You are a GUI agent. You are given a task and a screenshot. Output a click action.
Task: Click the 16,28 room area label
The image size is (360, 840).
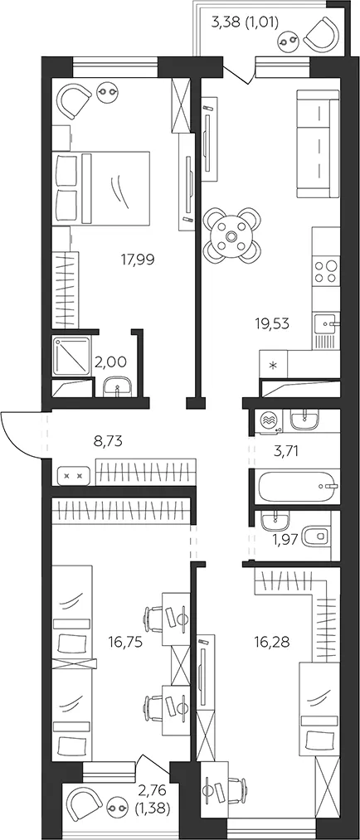point(271,642)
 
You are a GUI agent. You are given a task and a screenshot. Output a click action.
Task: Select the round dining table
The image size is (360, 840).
point(232,235)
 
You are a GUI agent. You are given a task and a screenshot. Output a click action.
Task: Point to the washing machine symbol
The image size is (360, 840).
point(269,420)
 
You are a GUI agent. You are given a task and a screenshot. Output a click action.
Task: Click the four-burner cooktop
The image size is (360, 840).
point(326,271)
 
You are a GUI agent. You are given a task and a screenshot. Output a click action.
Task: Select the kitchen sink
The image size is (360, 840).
point(326,325)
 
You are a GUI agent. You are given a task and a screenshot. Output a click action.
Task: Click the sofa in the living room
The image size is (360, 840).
point(319,144)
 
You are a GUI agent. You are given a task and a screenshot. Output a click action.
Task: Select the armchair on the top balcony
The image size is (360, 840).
point(322,33)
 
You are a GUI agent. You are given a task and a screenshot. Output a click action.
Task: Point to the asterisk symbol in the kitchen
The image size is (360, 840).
point(273,367)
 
